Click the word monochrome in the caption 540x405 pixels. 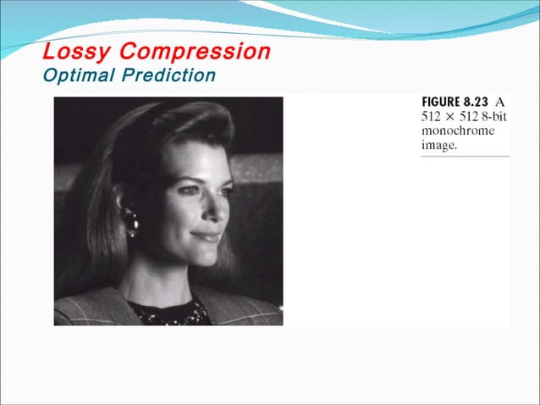click(458, 131)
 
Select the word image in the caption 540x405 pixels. click(438, 146)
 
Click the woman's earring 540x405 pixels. click(132, 222)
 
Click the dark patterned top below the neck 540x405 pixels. click(169, 313)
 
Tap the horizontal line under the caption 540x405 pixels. click(466, 156)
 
